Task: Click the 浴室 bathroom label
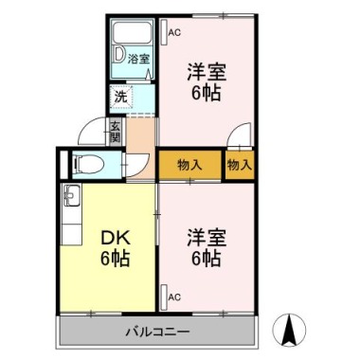139,58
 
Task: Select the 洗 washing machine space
121,96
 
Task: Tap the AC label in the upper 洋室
174,32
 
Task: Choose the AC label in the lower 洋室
174,297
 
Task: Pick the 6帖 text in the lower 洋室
206,258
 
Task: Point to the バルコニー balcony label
158,333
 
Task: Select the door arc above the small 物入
238,137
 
